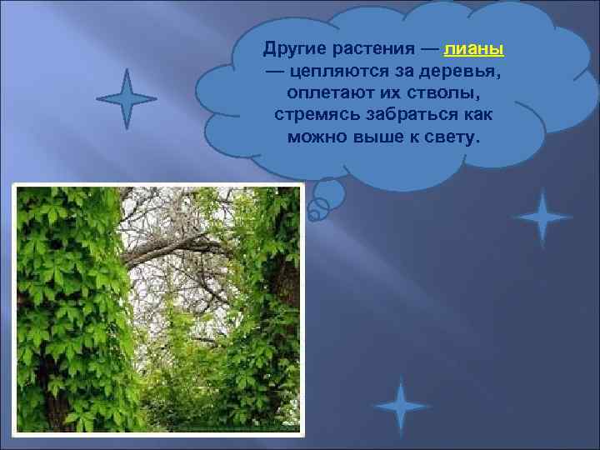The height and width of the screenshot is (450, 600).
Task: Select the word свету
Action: coord(453,136)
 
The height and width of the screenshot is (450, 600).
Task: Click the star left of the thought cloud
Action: coord(126,99)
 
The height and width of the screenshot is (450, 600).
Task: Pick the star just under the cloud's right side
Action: coord(542,218)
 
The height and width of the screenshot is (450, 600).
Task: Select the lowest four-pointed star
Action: coord(401,407)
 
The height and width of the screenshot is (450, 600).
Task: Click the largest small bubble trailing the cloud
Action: coord(327,193)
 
